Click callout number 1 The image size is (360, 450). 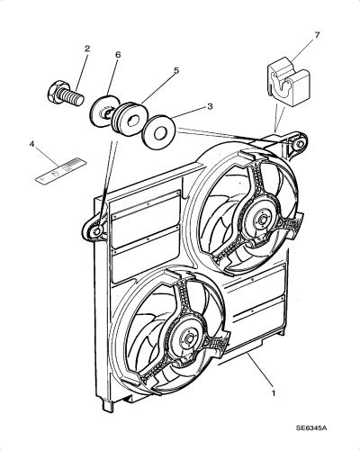(274, 392)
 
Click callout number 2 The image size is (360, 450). (87, 49)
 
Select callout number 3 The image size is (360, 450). (210, 106)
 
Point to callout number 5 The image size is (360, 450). (176, 70)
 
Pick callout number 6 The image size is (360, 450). (118, 55)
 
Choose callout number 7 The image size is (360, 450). (317, 35)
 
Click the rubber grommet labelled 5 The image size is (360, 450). (128, 120)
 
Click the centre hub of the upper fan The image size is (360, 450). (262, 220)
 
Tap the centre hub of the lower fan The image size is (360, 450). (189, 339)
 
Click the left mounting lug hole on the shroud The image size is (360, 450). (97, 231)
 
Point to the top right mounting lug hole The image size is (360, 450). (299, 144)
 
